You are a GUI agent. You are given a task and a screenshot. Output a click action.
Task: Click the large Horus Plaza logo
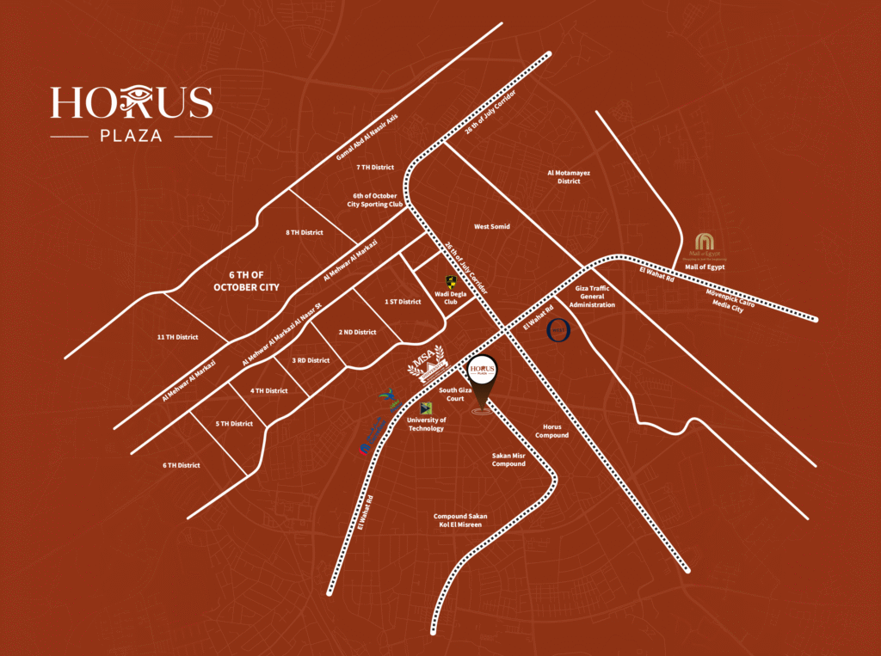[131, 112]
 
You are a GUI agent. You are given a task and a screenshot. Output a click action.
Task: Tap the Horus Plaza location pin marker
[483, 378]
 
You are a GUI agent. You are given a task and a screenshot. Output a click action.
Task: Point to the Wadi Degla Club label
[450, 297]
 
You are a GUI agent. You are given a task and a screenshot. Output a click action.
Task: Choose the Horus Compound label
[551, 431]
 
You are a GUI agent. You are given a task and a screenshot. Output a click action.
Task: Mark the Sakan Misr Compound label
[508, 459]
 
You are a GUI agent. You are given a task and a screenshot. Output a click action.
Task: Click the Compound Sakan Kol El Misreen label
[460, 520]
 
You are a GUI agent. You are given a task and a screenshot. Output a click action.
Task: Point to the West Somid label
[492, 226]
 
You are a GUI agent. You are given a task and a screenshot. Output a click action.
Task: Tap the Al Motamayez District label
[570, 176]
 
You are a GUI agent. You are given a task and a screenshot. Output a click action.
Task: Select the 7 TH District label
[374, 168]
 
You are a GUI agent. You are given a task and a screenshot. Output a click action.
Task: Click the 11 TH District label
[177, 337]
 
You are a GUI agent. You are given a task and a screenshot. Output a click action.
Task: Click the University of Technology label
[426, 424]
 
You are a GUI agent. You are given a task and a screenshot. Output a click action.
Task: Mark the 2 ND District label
[357, 332]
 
